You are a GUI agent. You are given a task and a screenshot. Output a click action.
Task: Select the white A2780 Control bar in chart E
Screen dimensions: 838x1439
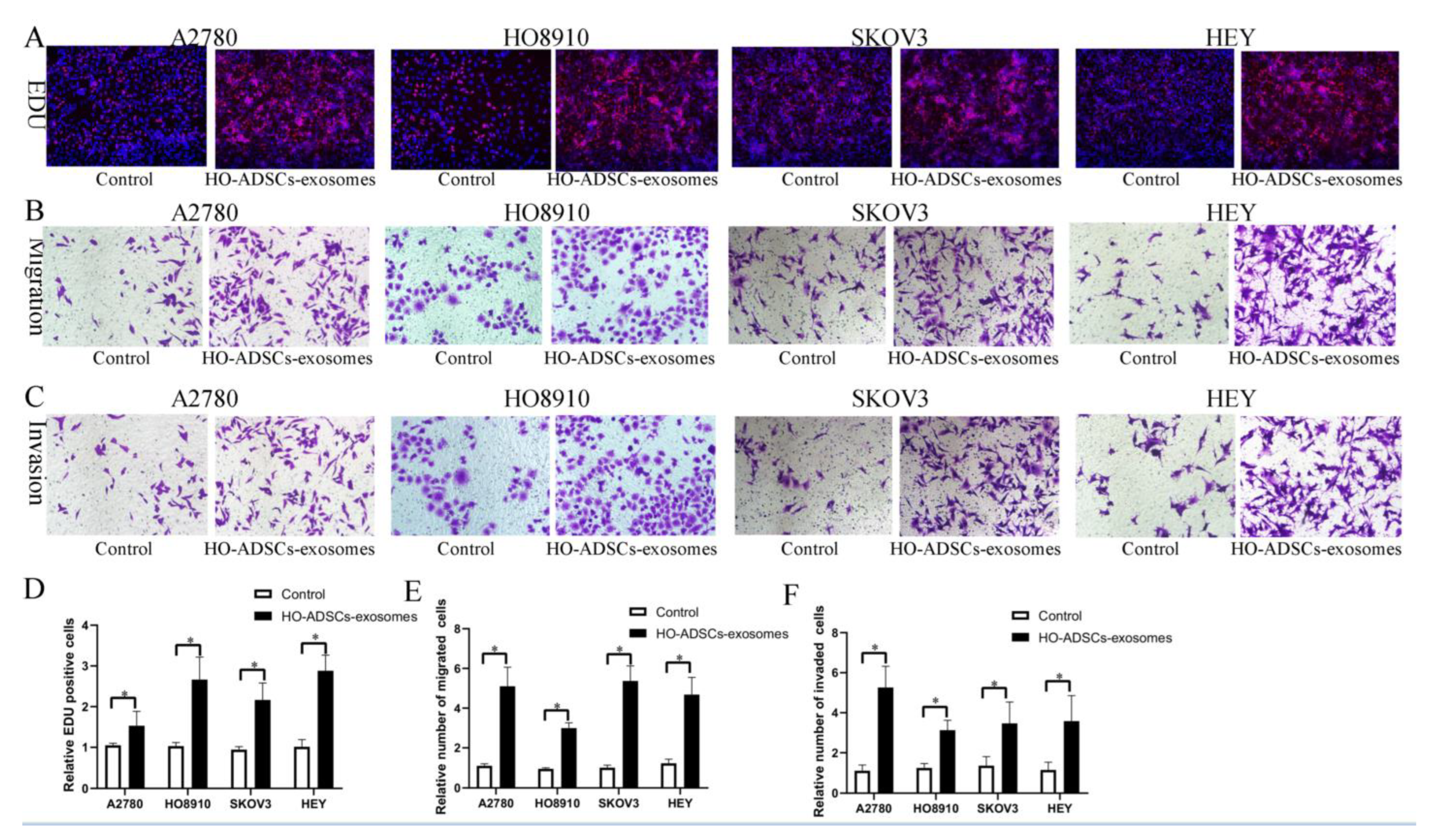484,776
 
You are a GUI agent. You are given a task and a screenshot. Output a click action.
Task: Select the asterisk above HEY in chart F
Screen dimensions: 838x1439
1059,677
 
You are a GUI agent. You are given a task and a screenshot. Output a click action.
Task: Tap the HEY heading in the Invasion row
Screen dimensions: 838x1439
1230,398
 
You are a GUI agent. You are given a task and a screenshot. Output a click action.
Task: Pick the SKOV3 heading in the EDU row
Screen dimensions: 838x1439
889,38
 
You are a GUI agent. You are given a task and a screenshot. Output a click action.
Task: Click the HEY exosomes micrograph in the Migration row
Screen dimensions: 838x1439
1315,285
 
